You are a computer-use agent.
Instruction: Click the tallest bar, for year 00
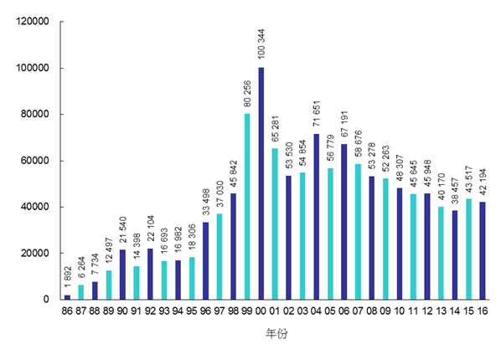[x=261, y=183]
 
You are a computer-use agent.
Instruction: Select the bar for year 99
[x=247, y=206]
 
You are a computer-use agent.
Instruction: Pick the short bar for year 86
[x=67, y=296]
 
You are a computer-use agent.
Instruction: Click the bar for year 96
[x=206, y=260]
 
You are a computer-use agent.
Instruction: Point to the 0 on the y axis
[x=49, y=300]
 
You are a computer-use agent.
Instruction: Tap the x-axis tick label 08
[x=371, y=311]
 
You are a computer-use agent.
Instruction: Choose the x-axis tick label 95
[x=193, y=311]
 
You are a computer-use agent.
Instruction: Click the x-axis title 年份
[x=275, y=333]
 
